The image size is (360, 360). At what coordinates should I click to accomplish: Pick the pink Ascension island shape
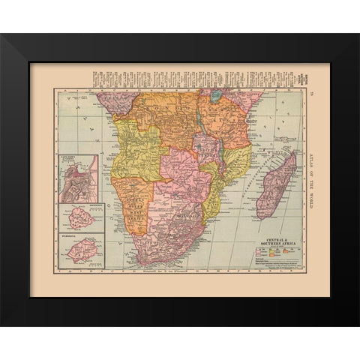point(81,223)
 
